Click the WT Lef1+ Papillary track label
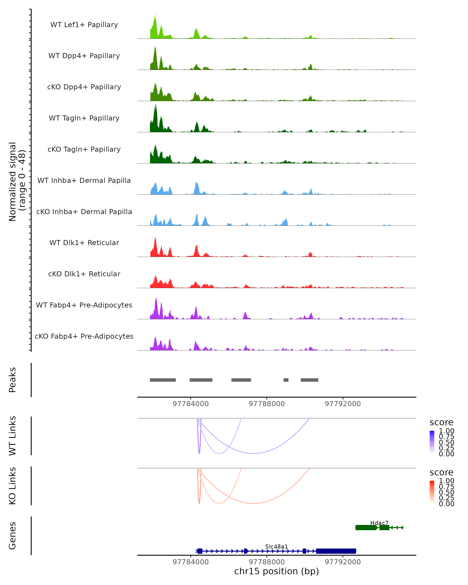(x=84, y=25)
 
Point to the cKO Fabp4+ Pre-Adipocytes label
(x=84, y=336)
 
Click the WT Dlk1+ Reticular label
(x=84, y=243)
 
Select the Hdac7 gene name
(x=379, y=523)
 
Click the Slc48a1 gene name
(x=277, y=546)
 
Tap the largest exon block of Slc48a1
(x=336, y=551)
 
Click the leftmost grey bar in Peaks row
(x=163, y=380)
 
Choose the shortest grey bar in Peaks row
(x=286, y=380)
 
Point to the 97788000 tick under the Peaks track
(x=267, y=404)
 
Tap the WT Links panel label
(x=12, y=436)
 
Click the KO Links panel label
(x=12, y=486)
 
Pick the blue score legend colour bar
(x=432, y=442)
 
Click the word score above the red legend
(x=441, y=472)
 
